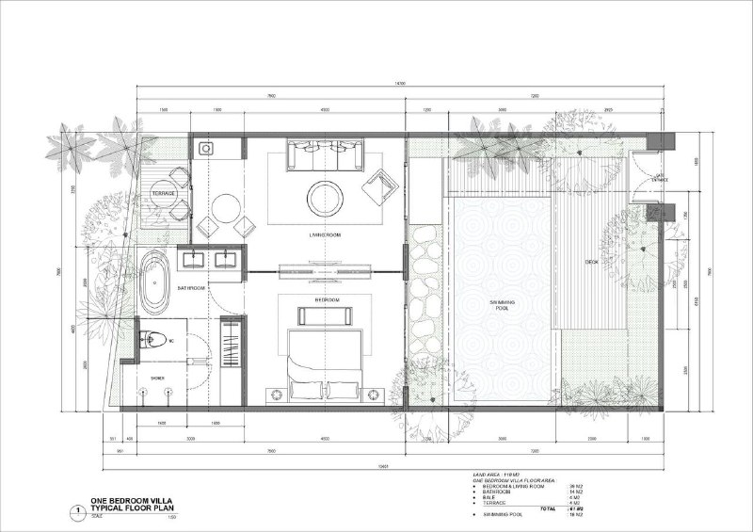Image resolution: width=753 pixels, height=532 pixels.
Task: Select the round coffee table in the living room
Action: click(325, 196)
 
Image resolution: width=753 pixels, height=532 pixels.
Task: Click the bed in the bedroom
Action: click(325, 363)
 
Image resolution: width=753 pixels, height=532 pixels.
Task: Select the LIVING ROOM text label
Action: click(324, 234)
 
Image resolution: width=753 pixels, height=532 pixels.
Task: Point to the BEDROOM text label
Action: click(326, 300)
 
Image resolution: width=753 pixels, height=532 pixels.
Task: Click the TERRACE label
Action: click(164, 194)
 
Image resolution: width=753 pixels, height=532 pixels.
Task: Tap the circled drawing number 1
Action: click(74, 510)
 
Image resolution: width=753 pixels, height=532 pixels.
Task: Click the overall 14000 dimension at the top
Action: click(400, 84)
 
